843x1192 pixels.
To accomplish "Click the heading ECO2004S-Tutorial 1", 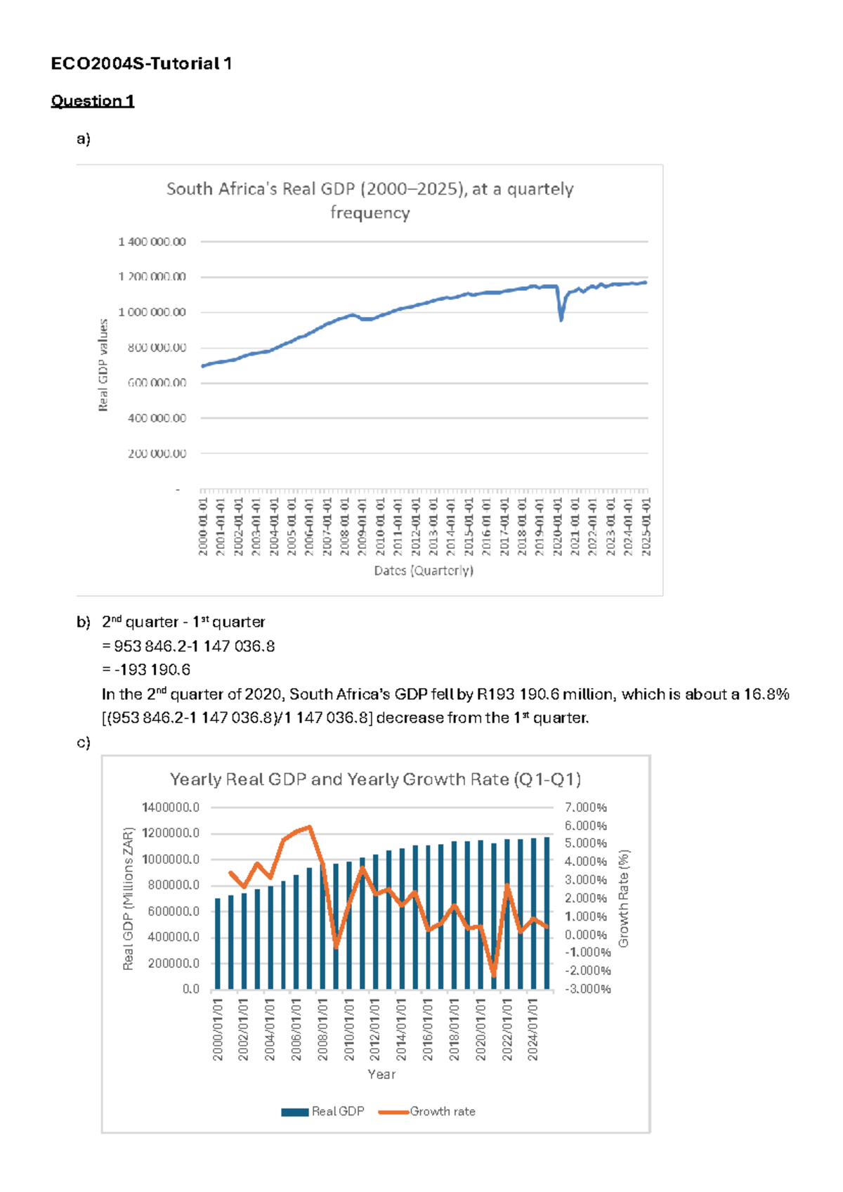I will coord(141,64).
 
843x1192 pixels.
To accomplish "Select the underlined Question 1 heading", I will coord(92,101).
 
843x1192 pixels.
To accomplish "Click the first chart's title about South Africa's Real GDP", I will coord(370,200).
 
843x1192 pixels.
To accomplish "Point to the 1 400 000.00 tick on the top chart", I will coord(152,242).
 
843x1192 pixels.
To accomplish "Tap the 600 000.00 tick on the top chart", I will coord(157,383).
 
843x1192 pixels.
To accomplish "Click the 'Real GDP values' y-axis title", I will coord(103,365).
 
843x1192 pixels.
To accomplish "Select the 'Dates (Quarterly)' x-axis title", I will coord(424,571).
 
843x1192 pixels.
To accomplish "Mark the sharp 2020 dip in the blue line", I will coord(561,319).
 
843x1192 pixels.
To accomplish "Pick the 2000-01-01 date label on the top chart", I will coord(203,526).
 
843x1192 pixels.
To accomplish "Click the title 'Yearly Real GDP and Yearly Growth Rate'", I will coord(375,779).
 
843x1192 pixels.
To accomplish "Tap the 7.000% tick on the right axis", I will coord(586,808).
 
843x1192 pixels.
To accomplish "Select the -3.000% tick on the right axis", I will coord(588,989).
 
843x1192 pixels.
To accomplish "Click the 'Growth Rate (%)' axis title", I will coord(624,898).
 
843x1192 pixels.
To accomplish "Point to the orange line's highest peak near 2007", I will coord(310,827).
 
